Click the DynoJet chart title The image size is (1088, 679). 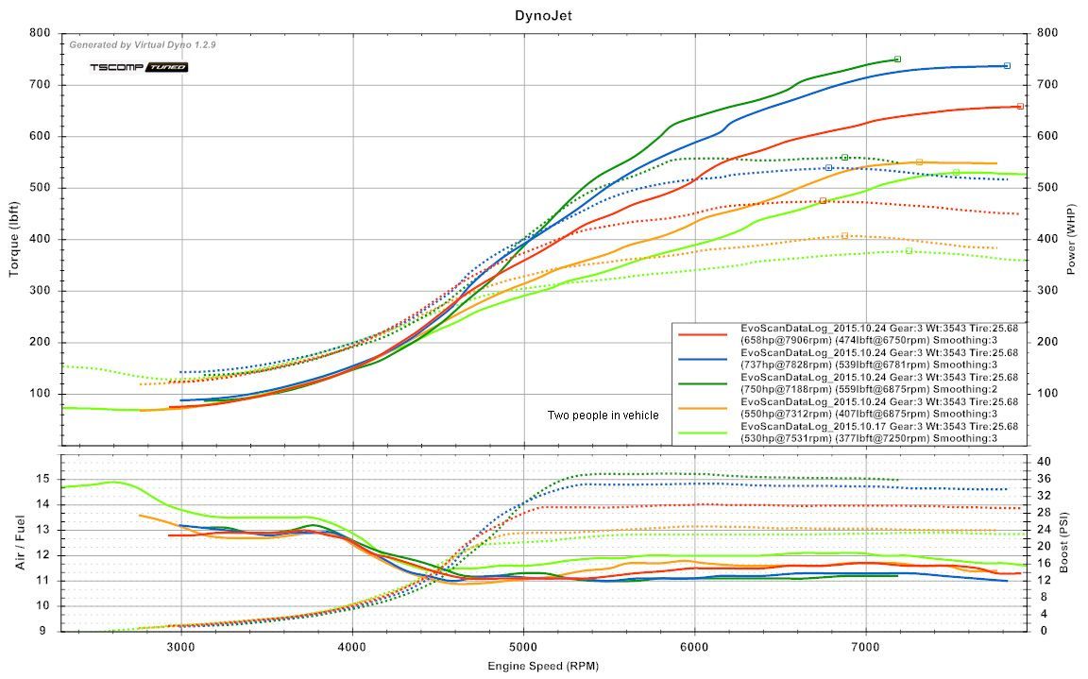click(x=543, y=15)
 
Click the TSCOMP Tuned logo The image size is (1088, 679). click(x=139, y=67)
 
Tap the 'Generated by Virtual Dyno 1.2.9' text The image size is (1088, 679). click(x=143, y=44)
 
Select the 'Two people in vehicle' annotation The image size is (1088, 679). click(x=603, y=416)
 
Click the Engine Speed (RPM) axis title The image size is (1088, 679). click(x=543, y=666)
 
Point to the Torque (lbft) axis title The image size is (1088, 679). click(x=14, y=239)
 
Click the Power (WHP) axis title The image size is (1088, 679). click(x=1073, y=239)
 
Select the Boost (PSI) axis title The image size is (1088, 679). click(x=1065, y=543)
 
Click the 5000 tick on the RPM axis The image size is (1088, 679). click(x=524, y=647)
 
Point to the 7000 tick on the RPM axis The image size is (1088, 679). click(x=866, y=647)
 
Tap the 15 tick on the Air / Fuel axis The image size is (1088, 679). click(x=42, y=479)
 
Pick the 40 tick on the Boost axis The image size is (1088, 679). click(x=1044, y=462)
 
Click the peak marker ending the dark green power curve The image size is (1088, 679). click(x=897, y=59)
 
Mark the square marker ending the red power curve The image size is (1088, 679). click(x=1020, y=107)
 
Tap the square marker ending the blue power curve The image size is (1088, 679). click(x=1007, y=65)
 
